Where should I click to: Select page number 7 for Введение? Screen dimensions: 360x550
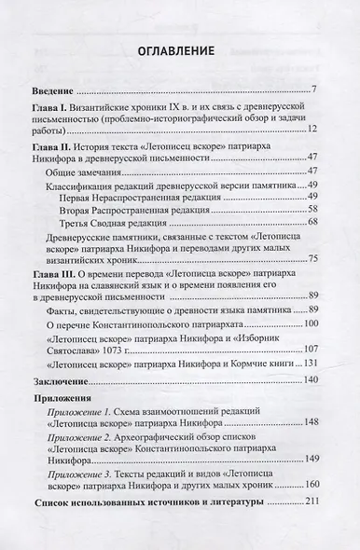[317, 89]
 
